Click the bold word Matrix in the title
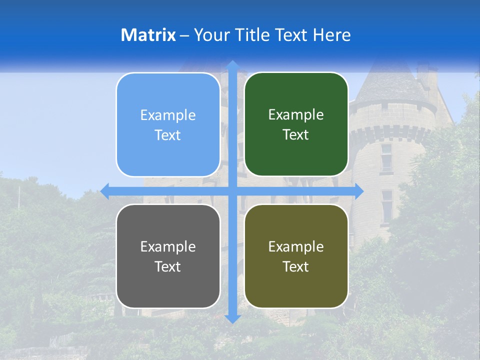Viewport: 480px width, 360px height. pos(148,35)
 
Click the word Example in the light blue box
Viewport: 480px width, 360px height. pos(168,115)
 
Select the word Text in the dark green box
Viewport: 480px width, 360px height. pos(296,135)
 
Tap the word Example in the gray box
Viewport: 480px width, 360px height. pos(168,246)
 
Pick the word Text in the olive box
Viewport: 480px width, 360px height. pos(296,266)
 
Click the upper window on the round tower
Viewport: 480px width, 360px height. pos(386,156)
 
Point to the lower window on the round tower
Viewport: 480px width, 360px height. pos(386,205)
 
